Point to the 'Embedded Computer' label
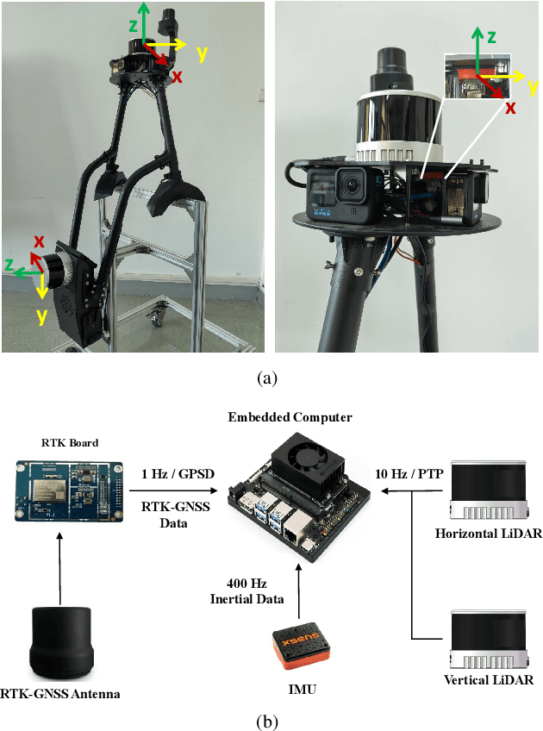290,418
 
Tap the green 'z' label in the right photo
490,36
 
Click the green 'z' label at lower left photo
9,266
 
